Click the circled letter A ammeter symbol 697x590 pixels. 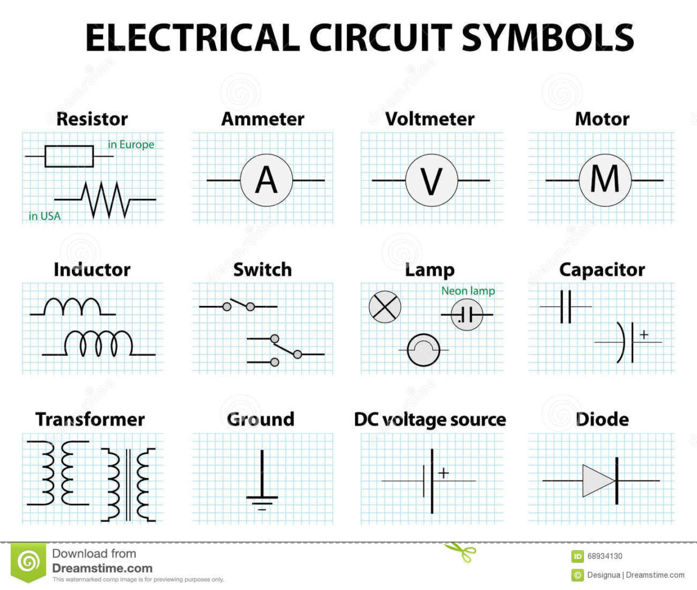[266, 181]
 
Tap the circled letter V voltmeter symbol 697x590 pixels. [432, 181]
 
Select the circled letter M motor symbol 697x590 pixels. [604, 181]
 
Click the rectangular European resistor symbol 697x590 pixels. [69, 156]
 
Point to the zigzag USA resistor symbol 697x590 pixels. [106, 200]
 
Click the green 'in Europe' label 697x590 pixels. [131, 145]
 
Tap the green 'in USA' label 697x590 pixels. [44, 216]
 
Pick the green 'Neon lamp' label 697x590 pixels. [468, 291]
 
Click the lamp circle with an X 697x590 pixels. [385, 307]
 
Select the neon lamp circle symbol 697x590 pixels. [467, 314]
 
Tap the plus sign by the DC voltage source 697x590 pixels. [444, 473]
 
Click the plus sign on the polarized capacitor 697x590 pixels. [644, 334]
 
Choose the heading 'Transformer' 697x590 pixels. [90, 419]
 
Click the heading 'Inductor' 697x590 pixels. [92, 269]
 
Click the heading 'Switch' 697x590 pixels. [262, 269]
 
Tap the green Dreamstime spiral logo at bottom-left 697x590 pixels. [28, 563]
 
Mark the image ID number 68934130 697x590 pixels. [605, 556]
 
